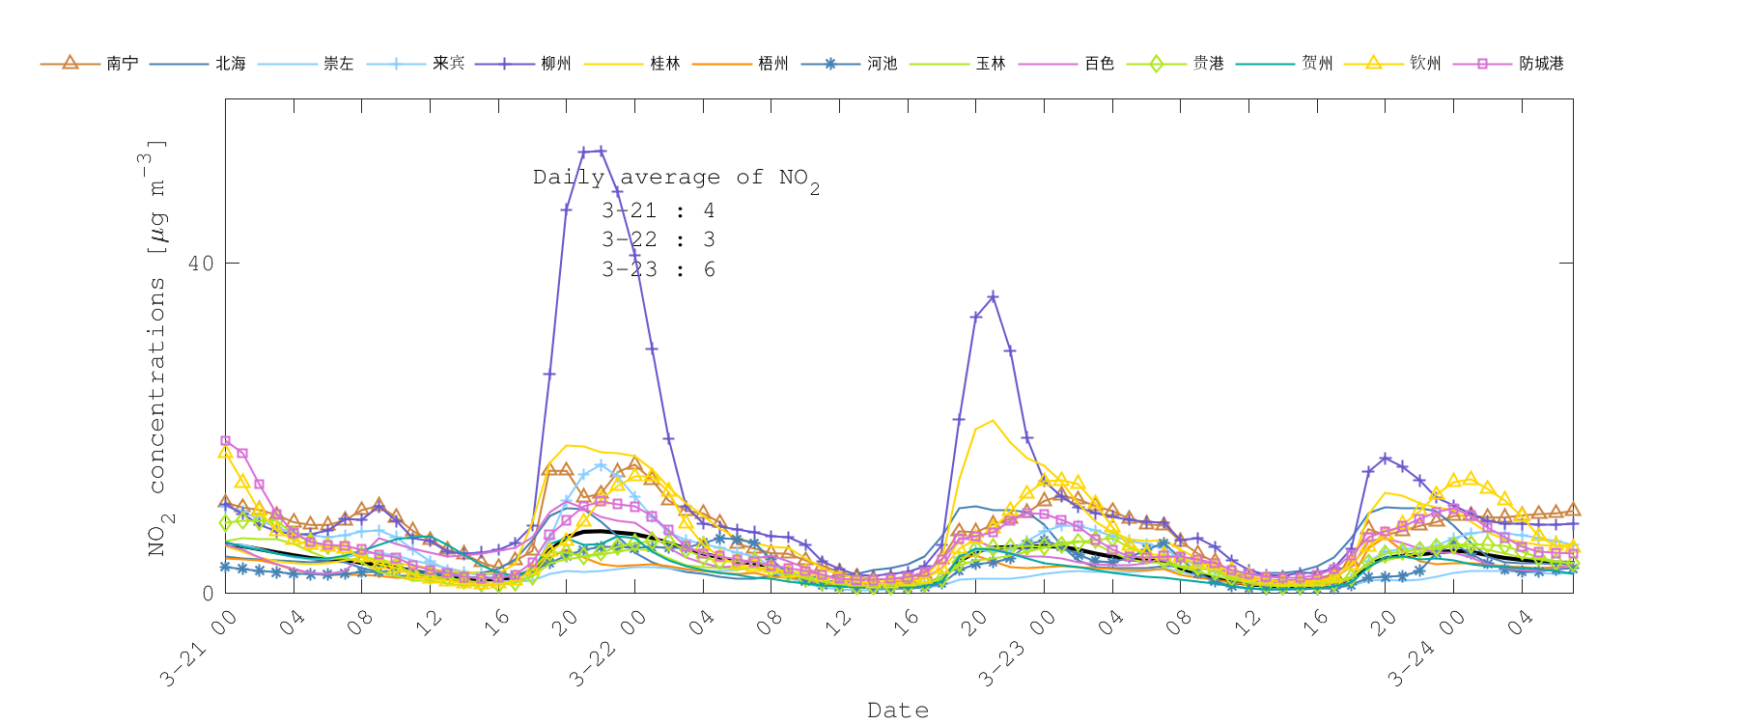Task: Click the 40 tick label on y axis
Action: tap(200, 264)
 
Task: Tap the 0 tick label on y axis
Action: tap(208, 593)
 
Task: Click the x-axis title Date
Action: tap(898, 710)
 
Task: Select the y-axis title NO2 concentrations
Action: tap(156, 348)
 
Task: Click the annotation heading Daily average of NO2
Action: tap(676, 179)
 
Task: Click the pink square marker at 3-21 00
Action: tap(226, 441)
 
